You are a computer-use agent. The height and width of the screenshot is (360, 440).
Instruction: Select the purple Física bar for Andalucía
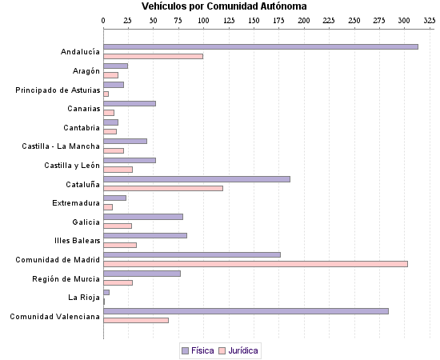click(x=261, y=47)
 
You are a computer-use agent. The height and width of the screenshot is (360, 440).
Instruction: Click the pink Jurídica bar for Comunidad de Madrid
click(x=255, y=264)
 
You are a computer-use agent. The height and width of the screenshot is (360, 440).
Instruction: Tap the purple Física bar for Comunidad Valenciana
click(x=246, y=311)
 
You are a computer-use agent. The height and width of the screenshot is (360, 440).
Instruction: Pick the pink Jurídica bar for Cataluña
click(x=163, y=188)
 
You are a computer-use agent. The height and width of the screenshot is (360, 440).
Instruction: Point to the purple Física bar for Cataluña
click(x=197, y=179)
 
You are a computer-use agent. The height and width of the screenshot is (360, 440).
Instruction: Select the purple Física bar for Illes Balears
click(x=145, y=235)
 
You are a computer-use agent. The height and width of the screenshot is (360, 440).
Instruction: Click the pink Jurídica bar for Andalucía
click(x=153, y=56)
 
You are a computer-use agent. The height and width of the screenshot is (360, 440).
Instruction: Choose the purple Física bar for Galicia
click(x=143, y=217)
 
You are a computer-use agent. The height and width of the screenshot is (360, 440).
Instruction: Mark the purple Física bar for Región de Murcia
click(x=142, y=274)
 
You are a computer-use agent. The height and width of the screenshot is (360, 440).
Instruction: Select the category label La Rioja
click(x=84, y=298)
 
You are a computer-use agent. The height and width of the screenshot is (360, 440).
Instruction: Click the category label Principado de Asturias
click(x=58, y=90)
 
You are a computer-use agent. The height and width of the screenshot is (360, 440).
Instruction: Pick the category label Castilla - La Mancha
click(x=61, y=146)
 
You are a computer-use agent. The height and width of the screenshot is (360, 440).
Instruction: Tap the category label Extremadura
click(x=76, y=203)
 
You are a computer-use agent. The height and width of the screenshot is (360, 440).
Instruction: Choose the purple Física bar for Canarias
click(x=130, y=103)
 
